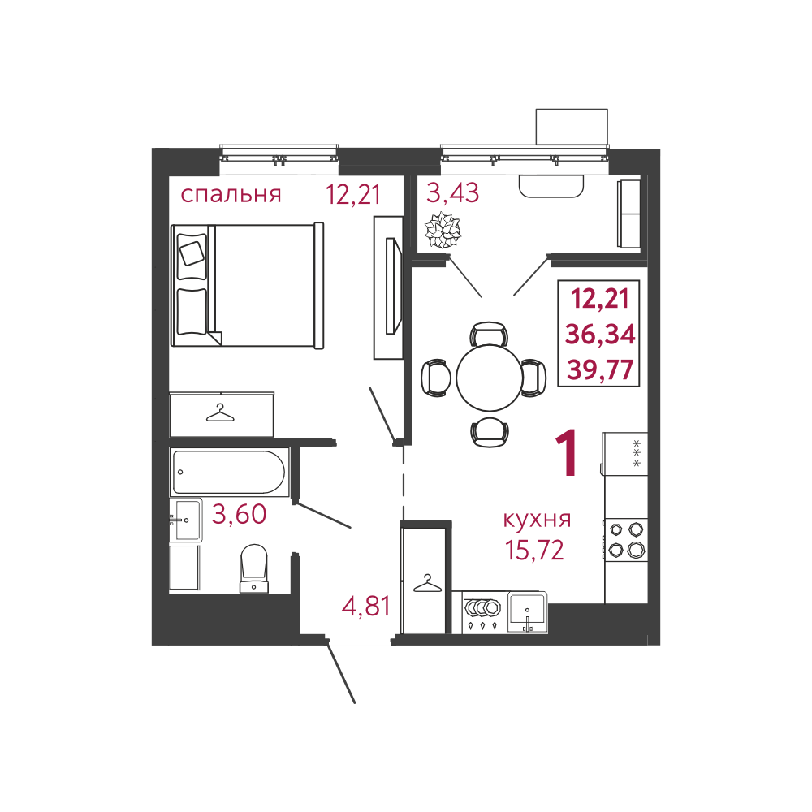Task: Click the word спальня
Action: [x=231, y=195]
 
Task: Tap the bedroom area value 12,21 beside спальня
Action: [x=353, y=195]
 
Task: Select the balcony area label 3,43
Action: [x=452, y=193]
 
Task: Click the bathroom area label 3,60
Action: [x=240, y=514]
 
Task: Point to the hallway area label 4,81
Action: [x=365, y=606]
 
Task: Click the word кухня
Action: [x=537, y=519]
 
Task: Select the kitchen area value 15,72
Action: [x=534, y=550]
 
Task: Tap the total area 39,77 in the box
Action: [x=600, y=369]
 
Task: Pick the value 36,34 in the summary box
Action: [x=600, y=335]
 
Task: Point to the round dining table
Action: [x=490, y=378]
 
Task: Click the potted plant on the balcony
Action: [x=443, y=230]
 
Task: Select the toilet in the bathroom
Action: [x=254, y=568]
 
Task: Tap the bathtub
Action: [x=228, y=472]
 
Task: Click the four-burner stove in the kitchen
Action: [x=626, y=539]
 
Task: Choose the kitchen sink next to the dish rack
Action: [x=527, y=611]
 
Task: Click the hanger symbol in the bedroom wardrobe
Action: [x=220, y=413]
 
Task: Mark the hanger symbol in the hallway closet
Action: [x=427, y=584]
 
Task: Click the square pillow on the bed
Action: [x=192, y=253]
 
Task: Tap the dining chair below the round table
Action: [x=490, y=432]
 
